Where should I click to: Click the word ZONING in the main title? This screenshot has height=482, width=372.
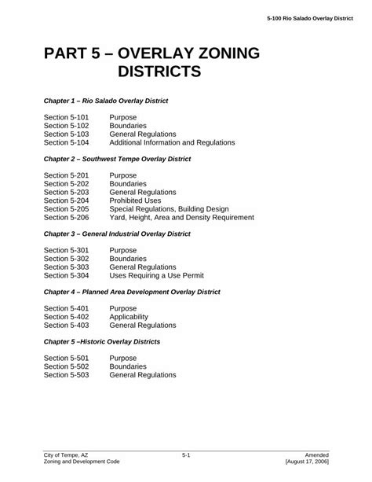(x=217, y=54)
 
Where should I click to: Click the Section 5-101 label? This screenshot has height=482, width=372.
(x=66, y=116)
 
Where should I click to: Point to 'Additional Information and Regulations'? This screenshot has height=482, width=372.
(x=172, y=142)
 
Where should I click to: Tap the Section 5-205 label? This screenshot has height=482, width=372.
(x=66, y=208)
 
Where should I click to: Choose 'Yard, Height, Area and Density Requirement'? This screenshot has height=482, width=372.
(x=181, y=217)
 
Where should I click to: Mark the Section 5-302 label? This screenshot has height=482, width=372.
(x=66, y=258)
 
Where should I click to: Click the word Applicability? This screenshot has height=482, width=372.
(x=129, y=316)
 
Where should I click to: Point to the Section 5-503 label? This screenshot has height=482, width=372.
(x=66, y=375)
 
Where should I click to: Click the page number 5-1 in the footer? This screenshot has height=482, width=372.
(x=186, y=455)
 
